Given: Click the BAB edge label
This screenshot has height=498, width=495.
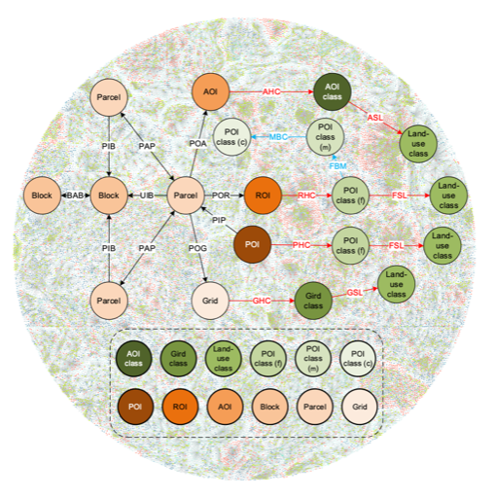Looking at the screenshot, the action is tap(75, 196).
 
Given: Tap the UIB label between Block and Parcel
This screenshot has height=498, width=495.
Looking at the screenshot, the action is tap(147, 196).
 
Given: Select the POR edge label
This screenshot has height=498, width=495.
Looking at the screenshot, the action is tap(221, 196).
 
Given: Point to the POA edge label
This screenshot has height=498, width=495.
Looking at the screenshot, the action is tap(197, 143).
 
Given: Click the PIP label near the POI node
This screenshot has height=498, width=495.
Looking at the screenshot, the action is tap(219, 220).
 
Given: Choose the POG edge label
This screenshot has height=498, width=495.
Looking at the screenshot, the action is tap(197, 248).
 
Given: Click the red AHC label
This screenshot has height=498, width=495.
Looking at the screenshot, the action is tap(271, 91).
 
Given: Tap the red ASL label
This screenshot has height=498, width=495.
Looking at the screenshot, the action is tap(374, 118).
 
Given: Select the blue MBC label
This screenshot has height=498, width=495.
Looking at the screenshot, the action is tap(278, 137).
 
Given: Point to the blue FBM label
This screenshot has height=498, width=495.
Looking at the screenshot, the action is tap(337, 166).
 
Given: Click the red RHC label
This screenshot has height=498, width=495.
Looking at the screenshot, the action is tap(306, 196).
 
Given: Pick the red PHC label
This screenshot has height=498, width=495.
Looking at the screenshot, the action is tap(301, 245).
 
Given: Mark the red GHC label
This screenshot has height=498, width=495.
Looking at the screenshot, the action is tap(262, 301).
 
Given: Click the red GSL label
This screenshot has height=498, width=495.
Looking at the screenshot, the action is tap(354, 293).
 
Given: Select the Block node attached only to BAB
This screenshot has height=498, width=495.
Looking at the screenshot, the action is tap(42, 196).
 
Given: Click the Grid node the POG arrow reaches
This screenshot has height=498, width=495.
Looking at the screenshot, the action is tap(210, 301).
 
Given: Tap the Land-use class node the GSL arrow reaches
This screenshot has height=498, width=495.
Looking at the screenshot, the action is tap(396, 284).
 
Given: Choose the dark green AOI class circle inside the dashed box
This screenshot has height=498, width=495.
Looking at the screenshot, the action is tap(133, 358).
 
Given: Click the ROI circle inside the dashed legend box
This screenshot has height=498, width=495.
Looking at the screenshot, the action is tap(180, 407).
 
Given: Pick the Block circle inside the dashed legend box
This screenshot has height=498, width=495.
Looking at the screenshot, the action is tap(269, 407).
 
